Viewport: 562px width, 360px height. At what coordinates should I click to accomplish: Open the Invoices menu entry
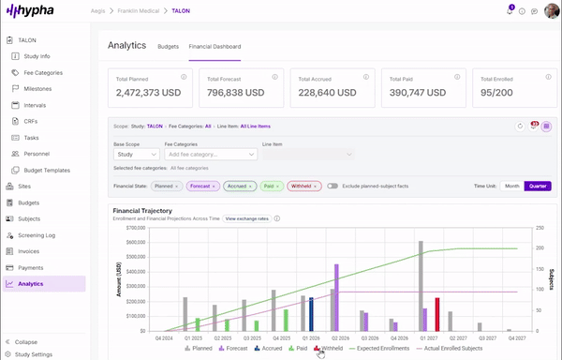click(x=30, y=251)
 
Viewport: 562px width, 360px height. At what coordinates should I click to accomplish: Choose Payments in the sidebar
click(x=31, y=267)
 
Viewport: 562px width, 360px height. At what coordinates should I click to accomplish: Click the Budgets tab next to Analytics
click(x=169, y=46)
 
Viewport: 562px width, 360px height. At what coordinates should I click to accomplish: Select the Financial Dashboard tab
click(x=214, y=46)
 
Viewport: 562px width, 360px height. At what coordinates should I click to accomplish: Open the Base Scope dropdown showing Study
click(x=136, y=154)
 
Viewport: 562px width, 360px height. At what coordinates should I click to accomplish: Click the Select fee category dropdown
click(x=210, y=154)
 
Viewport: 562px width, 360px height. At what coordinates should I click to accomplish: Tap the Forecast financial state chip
click(x=202, y=186)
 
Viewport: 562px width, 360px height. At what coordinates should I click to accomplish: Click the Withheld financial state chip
click(x=303, y=186)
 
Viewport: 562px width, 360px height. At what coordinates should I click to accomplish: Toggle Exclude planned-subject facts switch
click(x=333, y=186)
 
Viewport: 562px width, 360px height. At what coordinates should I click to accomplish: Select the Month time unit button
click(x=511, y=186)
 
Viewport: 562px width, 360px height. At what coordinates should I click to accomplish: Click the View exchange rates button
click(x=246, y=217)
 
